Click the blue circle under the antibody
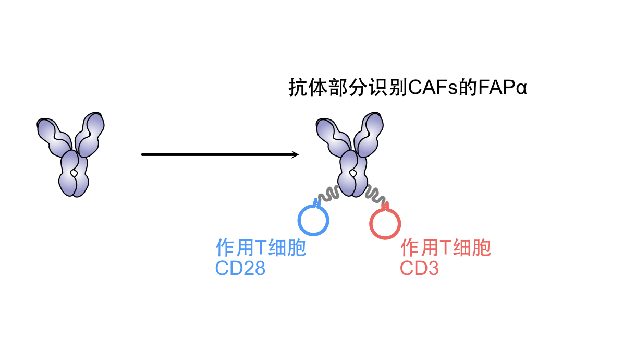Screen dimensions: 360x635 pos(313,221)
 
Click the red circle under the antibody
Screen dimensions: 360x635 pos(385,224)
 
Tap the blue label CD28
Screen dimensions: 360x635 pos(240,268)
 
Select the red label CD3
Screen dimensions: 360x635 pos(419,268)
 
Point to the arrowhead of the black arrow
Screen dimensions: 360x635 pos(295,154)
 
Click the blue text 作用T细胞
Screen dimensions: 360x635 pos(261,248)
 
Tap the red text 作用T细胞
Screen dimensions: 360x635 pos(445,248)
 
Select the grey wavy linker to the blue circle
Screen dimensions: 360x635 pos(328,194)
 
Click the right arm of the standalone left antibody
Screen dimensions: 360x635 pos(90,133)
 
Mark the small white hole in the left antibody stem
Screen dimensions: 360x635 pos(75,172)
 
